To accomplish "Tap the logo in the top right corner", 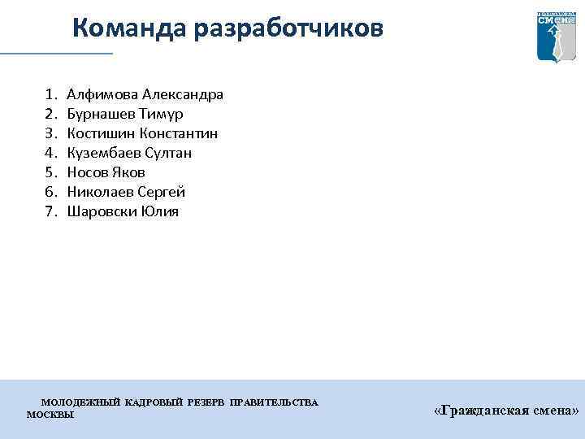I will [557, 37].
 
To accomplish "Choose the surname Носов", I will [85, 172].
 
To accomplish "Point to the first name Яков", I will [127, 172].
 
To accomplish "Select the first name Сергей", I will [161, 192].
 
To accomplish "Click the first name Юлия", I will [159, 211].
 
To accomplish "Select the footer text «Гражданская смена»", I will [506, 411].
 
